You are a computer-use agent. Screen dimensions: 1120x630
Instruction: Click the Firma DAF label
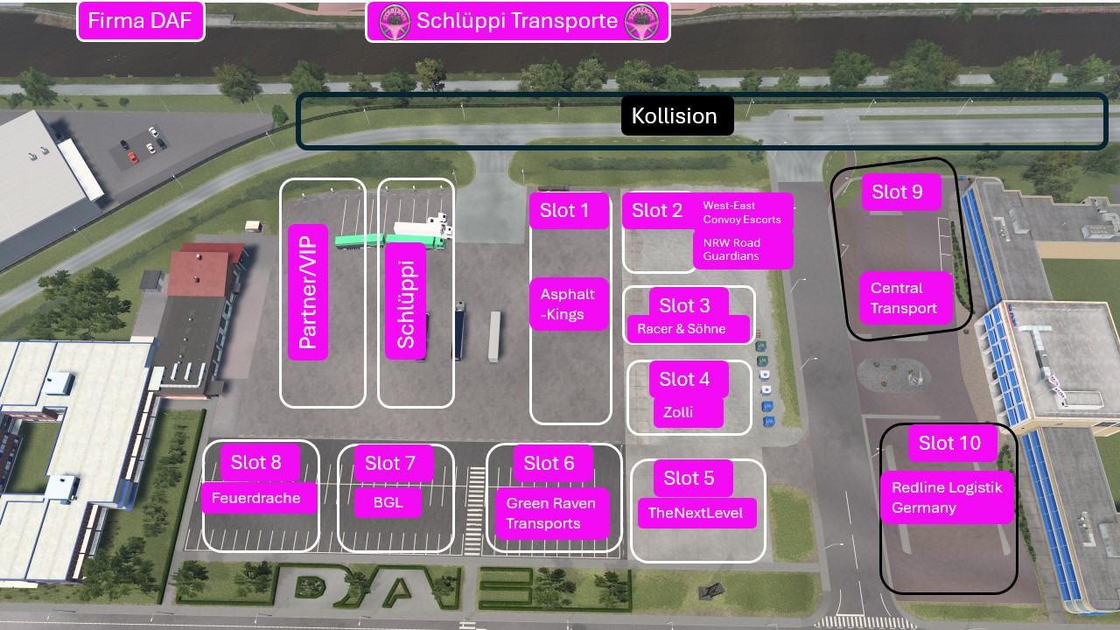click(141, 21)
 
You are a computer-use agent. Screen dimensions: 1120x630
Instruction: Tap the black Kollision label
click(677, 115)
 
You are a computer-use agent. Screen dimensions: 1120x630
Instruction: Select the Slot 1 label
click(569, 211)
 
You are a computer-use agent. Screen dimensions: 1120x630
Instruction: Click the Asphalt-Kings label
click(569, 304)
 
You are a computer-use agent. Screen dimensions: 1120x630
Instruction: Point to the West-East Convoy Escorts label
click(743, 212)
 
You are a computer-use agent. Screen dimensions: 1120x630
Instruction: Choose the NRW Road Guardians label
click(743, 249)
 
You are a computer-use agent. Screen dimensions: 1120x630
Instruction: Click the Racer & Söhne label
click(688, 329)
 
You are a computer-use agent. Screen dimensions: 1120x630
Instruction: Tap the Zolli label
click(688, 412)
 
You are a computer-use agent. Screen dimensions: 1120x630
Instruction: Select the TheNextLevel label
click(696, 513)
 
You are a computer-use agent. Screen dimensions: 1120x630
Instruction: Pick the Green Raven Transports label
click(552, 514)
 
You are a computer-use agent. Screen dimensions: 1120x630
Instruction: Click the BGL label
click(388, 502)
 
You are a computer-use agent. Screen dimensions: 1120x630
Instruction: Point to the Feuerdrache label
click(258, 498)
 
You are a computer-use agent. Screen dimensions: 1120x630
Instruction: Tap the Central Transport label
click(906, 298)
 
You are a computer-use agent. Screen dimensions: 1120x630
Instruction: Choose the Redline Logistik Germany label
click(947, 498)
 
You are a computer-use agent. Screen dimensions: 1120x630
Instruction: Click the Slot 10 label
click(952, 443)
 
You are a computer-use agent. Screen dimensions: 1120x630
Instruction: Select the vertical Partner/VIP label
click(308, 292)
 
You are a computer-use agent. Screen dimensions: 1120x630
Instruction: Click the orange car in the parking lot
click(132, 158)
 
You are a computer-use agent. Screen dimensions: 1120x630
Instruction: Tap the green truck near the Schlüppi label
click(390, 241)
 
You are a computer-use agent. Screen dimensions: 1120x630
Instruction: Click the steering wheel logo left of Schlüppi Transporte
click(395, 22)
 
